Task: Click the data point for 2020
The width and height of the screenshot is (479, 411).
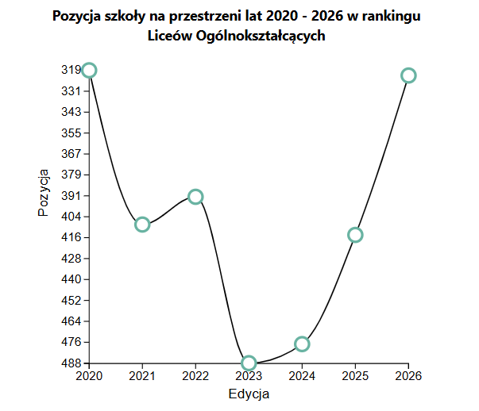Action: (89, 71)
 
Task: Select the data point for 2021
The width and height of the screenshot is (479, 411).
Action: (142, 225)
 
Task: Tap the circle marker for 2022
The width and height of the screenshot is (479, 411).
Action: (195, 197)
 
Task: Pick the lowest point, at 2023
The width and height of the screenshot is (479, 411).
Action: (249, 363)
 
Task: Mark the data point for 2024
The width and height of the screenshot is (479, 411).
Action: (302, 344)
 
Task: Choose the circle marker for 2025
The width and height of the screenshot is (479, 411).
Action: (355, 235)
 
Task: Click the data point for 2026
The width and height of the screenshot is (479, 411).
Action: (408, 75)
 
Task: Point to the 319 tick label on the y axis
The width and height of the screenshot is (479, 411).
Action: (71, 71)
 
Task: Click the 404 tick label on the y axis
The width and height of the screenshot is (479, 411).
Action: (71, 217)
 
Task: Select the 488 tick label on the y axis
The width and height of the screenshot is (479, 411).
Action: (71, 363)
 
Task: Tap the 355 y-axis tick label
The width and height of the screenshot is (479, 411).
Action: (71, 133)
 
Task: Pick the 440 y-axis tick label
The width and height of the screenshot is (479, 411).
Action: (71, 280)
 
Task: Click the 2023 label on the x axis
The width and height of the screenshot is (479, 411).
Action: (249, 376)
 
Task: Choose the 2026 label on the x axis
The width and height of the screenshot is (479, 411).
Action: (408, 376)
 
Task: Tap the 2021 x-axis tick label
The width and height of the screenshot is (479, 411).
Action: (142, 376)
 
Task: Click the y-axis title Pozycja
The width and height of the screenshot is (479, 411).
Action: (44, 192)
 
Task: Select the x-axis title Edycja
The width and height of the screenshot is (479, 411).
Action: (249, 394)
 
